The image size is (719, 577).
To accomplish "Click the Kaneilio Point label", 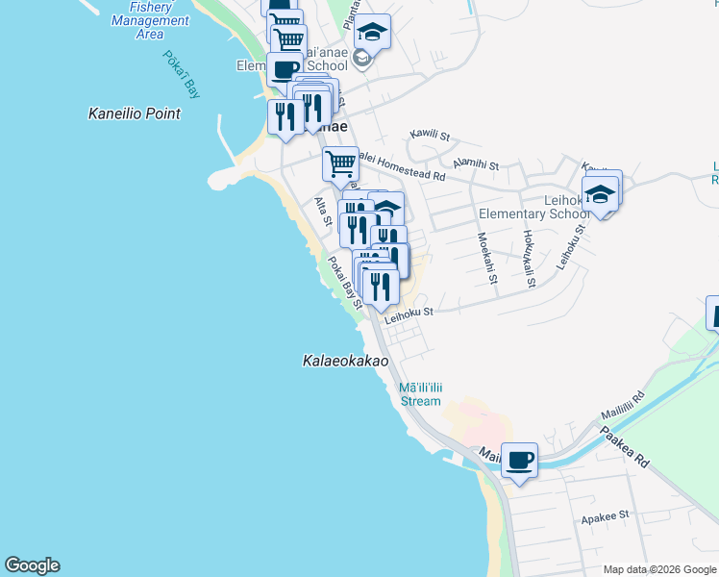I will pos(134,113).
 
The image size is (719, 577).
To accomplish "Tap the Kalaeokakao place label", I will pos(345,362).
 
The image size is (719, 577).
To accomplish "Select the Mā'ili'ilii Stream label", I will pos(419,394).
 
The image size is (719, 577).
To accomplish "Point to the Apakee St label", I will pos(606,514).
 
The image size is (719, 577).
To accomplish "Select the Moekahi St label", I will pos(485,258).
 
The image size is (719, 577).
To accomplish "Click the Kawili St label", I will pos(430,138).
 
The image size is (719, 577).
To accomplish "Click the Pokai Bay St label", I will pos(343,281).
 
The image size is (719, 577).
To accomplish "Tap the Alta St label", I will pos(323,212).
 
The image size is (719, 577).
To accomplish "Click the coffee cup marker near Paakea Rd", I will pos(519,461).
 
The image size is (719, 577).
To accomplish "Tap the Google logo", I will pos(32,565).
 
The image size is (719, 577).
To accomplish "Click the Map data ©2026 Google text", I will pos(658,569).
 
